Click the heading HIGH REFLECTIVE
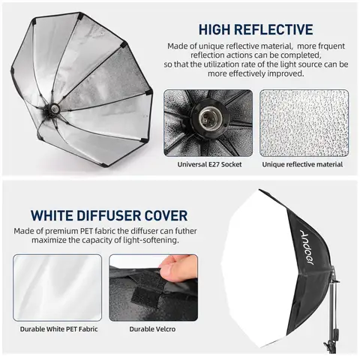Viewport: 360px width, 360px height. (x=256, y=30)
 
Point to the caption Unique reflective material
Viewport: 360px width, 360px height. (x=304, y=164)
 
